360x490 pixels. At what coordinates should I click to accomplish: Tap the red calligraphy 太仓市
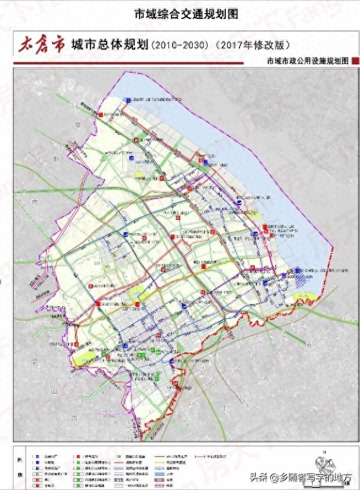click(x=41, y=45)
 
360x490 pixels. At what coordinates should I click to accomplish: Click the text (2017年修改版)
click(x=252, y=45)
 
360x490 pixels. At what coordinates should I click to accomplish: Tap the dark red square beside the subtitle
click(x=354, y=61)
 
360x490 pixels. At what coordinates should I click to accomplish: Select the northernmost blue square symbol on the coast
click(x=127, y=99)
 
